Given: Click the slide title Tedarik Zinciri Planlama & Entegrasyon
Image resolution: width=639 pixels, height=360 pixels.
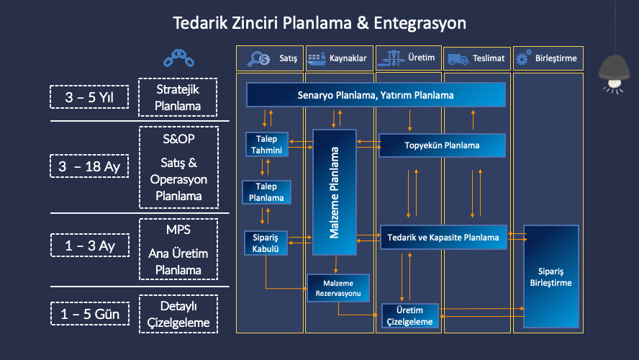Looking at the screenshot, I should coord(319,23).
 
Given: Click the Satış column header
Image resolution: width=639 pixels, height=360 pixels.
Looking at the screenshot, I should coord(270,58).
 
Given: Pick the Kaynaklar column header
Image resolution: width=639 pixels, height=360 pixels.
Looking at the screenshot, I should coord(339,58).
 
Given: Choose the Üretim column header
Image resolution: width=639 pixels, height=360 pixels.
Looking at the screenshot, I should coord(408,58).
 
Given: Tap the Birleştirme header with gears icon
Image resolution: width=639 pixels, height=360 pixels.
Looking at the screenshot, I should coord(547,58).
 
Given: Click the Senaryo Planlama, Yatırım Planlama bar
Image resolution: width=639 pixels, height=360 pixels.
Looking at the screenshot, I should coord(376,94).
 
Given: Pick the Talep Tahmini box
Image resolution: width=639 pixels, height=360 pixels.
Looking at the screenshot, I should coord(267,144).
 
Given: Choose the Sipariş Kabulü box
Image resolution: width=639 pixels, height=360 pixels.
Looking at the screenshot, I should coord(266,242).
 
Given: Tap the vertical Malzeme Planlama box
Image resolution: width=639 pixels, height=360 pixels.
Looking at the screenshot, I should coord(334,192).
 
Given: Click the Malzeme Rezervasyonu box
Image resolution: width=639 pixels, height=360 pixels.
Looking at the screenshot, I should coord(338,287).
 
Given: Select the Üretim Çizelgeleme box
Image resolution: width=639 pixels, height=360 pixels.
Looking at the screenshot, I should coord(409,316).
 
